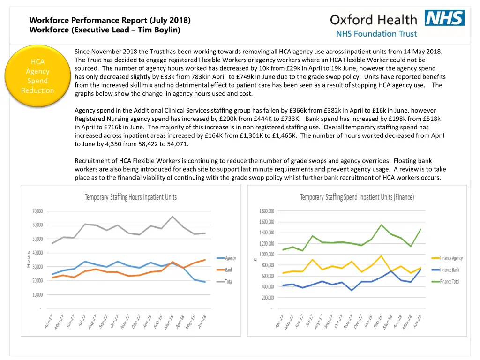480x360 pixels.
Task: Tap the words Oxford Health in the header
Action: (373, 20)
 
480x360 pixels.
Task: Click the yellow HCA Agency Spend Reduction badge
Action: (37, 76)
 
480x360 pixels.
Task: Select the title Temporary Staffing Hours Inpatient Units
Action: (131, 197)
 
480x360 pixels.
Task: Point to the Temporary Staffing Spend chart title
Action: (357, 197)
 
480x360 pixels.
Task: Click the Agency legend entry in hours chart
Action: (231, 258)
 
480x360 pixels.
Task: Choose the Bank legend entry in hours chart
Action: (229, 270)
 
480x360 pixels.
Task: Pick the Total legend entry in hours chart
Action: (229, 282)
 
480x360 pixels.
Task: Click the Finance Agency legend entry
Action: (451, 258)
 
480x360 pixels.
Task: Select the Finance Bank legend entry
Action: (450, 270)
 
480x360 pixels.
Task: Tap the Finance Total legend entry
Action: (450, 282)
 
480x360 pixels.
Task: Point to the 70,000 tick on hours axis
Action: (37, 211)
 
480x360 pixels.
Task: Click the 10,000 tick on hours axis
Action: (37, 295)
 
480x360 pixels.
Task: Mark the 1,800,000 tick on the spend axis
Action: (267, 211)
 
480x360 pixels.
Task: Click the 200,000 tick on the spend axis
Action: (268, 298)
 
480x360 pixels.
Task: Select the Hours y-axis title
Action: (28, 259)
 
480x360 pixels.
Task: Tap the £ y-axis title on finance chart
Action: (255, 259)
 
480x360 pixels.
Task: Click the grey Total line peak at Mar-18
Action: (172, 217)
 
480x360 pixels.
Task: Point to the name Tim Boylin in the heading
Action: (158, 30)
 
